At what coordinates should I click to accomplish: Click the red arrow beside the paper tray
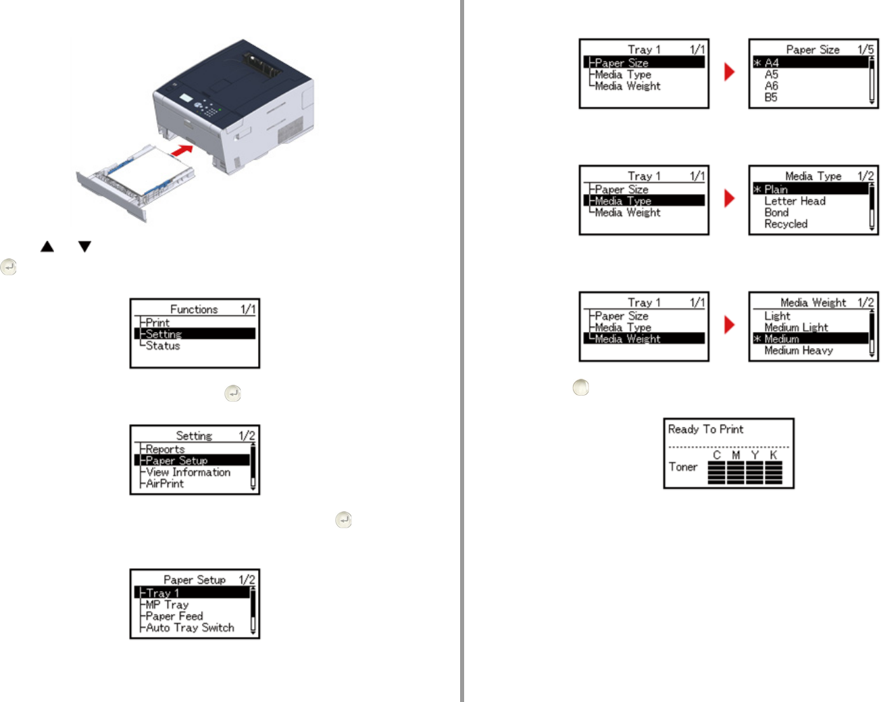(182, 150)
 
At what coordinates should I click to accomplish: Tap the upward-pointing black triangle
(47, 246)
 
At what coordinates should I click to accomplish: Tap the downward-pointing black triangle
(84, 246)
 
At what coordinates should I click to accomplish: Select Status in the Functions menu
(163, 346)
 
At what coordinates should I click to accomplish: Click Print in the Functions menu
(157, 323)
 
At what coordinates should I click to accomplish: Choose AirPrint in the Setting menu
(165, 484)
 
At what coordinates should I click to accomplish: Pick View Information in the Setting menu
(188, 472)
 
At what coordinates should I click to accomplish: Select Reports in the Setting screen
(165, 449)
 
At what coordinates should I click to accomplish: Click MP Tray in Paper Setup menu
(167, 605)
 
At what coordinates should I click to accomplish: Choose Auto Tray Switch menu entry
(190, 628)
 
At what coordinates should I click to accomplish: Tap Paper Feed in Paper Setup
(174, 616)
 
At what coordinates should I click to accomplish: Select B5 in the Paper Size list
(771, 97)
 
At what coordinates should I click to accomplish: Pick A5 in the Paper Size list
(772, 74)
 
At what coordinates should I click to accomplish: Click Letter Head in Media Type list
(795, 202)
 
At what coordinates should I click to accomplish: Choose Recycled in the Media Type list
(786, 224)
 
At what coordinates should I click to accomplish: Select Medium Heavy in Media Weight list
(799, 350)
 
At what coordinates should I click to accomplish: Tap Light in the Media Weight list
(777, 316)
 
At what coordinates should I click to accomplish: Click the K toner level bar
(774, 473)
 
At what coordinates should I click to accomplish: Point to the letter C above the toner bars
(716, 455)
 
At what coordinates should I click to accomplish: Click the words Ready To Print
(705, 429)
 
